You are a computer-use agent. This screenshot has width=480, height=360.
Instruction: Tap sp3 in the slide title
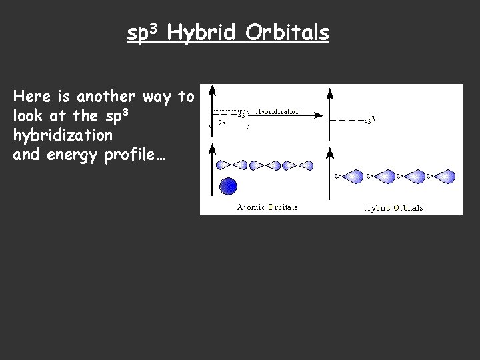(x=143, y=33)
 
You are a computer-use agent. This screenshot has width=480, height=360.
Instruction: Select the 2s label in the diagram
(x=221, y=123)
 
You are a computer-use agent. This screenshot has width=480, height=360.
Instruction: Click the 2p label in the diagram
(x=242, y=114)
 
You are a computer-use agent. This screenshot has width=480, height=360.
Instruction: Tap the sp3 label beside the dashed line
(x=371, y=120)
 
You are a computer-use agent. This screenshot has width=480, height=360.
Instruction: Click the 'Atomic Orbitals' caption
(x=267, y=207)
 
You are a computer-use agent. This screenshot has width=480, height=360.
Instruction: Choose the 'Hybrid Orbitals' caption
(x=393, y=207)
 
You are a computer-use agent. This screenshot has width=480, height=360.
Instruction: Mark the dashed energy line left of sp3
(x=347, y=120)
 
